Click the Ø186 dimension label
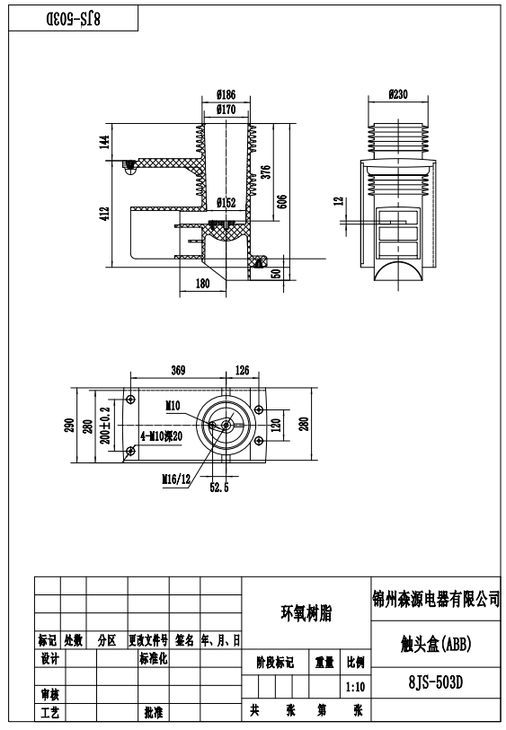pos(226,94)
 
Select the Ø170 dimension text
pos(226,110)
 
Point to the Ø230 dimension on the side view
pos(398,94)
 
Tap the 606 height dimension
pos(282,201)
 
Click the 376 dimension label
pos(265,172)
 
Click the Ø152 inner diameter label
pos(226,203)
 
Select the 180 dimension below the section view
pos(202,283)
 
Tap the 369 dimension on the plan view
pos(178,370)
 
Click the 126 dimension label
pos(242,370)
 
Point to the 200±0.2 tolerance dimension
pos(105,425)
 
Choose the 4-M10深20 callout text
pos(161,436)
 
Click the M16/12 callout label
pos(176,479)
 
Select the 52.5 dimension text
pos(219,488)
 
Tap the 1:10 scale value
pos(355,687)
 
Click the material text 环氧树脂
pos(306,613)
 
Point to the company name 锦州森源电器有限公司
pos(436,599)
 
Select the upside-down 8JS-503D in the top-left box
pos(73,19)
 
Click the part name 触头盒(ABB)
pos(436,645)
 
